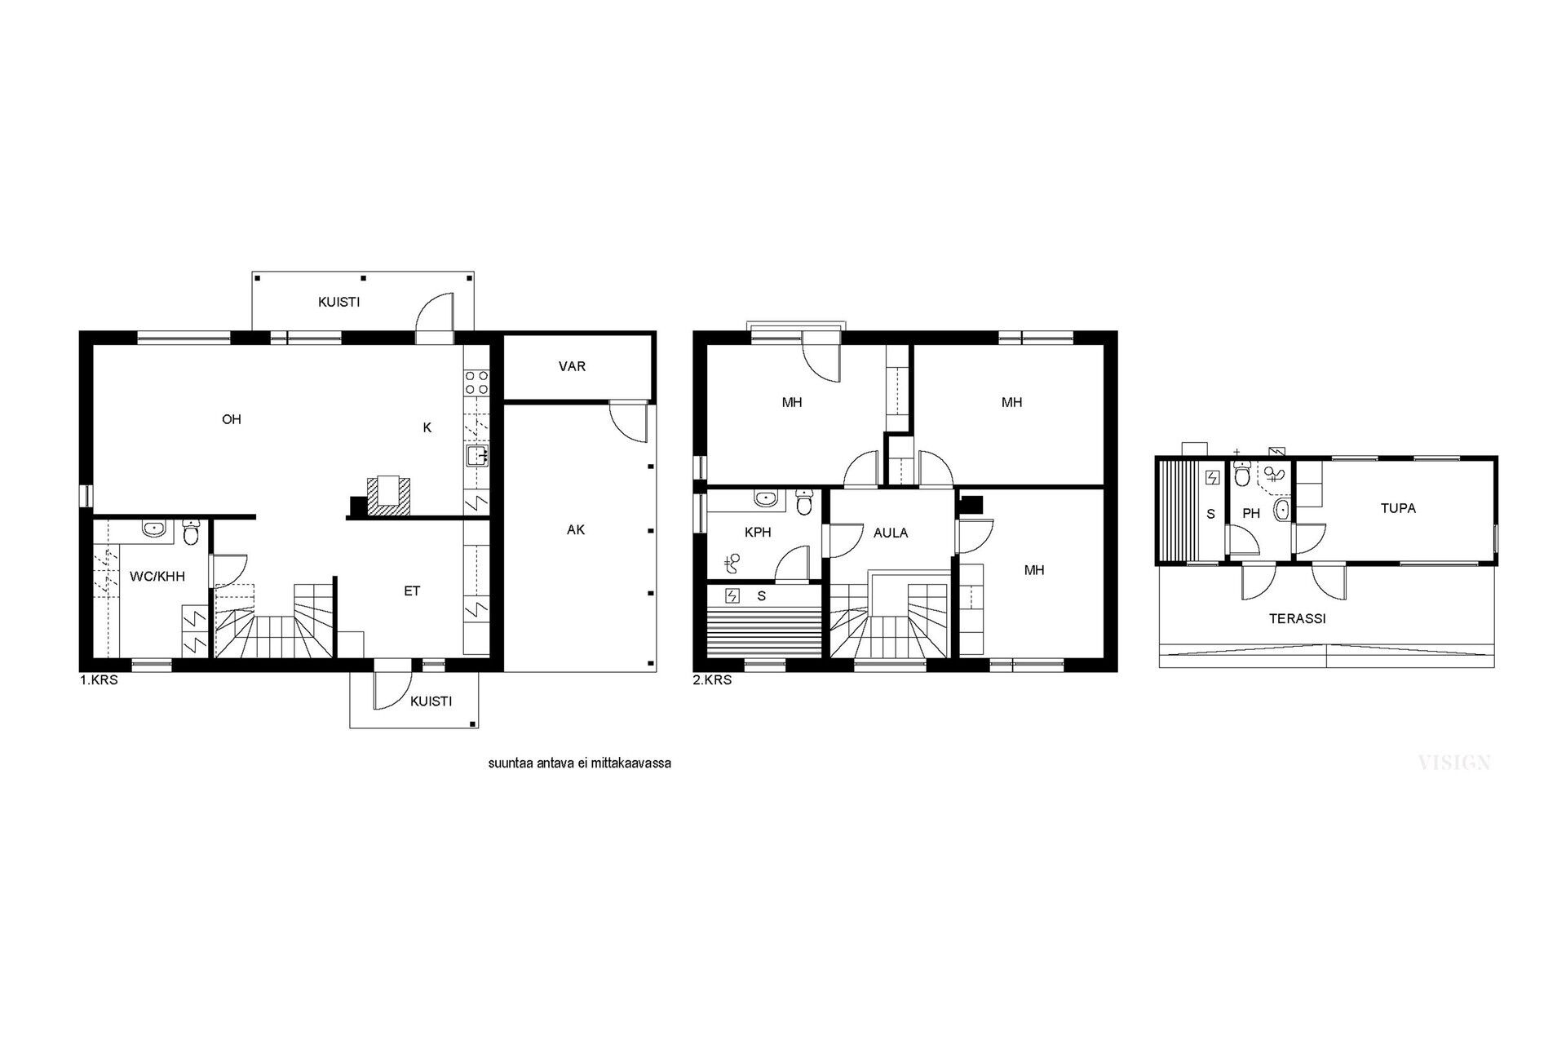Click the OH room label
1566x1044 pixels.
pyautogui.click(x=232, y=420)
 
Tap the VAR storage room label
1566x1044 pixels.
pyautogui.click(x=572, y=367)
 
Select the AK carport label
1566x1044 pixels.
pyautogui.click(x=576, y=530)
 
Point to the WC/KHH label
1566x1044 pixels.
pyautogui.click(x=157, y=577)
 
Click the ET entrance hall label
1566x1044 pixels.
pyautogui.click(x=412, y=591)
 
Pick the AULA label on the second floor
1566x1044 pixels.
pyautogui.click(x=891, y=533)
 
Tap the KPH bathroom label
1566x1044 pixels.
pyautogui.click(x=758, y=533)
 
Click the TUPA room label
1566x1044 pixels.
pyautogui.click(x=1398, y=508)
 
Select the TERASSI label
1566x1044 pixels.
pyautogui.click(x=1297, y=619)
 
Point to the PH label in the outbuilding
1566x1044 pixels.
pyautogui.click(x=1252, y=514)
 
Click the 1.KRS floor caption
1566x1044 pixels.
pyautogui.click(x=99, y=680)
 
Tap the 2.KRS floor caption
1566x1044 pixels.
pyautogui.click(x=712, y=680)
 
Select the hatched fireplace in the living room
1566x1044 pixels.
pyautogui.click(x=389, y=496)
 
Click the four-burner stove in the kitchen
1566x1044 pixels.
pyautogui.click(x=477, y=383)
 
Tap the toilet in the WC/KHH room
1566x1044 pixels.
pyautogui.click(x=192, y=533)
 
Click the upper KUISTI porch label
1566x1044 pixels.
pyautogui.click(x=338, y=303)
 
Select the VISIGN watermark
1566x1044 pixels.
pyautogui.click(x=1454, y=763)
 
